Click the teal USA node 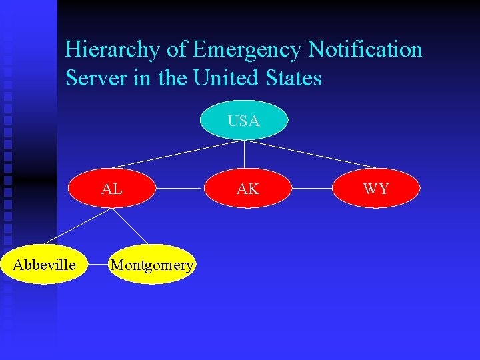coord(244,121)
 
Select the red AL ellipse coord(112,189)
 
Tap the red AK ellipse coord(247,189)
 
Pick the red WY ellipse coord(376,189)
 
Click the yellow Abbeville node coord(45,265)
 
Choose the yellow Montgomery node coord(152,265)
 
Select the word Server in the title coord(89,79)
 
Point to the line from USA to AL coord(177,154)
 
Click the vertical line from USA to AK coord(245,153)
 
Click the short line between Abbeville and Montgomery coord(100,265)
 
